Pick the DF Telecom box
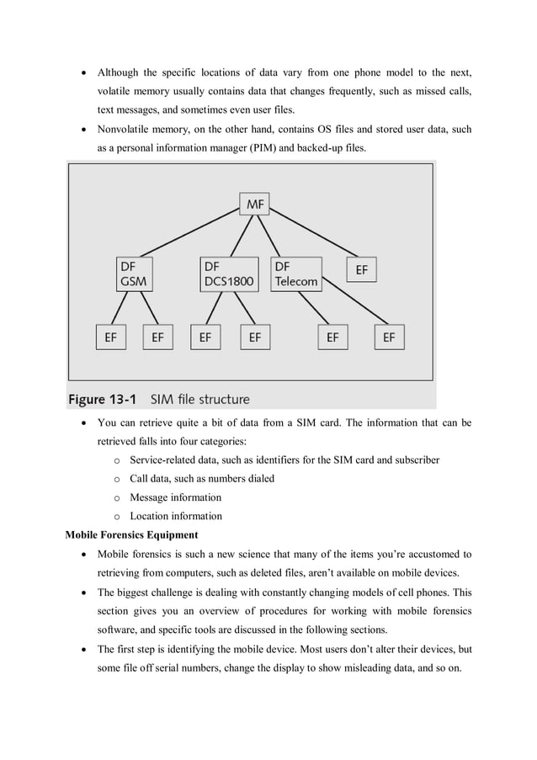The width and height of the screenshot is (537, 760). (296, 274)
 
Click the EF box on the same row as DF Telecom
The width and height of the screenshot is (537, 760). (361, 270)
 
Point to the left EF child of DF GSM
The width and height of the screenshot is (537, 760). (110, 337)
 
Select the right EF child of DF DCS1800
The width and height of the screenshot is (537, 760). (254, 337)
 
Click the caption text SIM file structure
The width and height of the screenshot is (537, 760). (199, 399)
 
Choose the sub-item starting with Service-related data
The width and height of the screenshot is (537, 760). (284, 460)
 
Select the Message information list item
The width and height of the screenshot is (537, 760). (175, 497)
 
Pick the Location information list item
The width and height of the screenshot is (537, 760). (175, 516)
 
